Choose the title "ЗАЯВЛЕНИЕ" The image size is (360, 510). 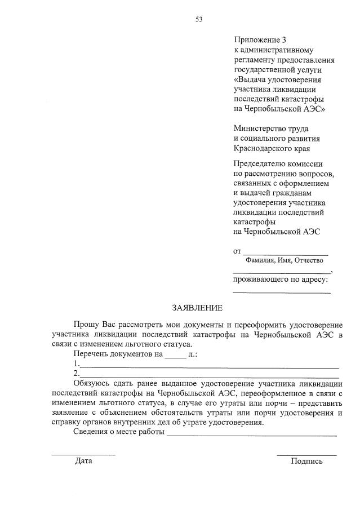[x=197, y=308]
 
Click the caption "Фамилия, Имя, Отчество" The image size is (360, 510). [x=284, y=260]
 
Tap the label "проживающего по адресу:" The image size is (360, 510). [x=281, y=278]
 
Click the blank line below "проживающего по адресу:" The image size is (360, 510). [x=282, y=292]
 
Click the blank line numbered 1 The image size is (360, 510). [x=209, y=367]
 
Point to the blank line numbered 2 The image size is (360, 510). [x=209, y=376]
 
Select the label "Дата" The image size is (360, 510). [x=83, y=461]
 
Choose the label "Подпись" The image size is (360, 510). [x=306, y=461]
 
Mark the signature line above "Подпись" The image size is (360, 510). [x=306, y=454]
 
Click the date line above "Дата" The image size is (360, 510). [x=83, y=454]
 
